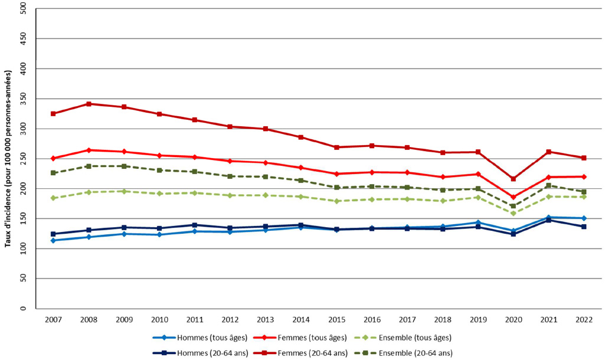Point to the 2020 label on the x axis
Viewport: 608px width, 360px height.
coord(513,319)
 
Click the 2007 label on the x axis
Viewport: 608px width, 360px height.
coord(53,319)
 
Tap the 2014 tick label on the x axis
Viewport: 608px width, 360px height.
coord(300,319)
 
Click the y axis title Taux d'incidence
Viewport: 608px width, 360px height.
coord(8,159)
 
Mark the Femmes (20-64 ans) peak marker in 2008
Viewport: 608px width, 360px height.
coord(89,104)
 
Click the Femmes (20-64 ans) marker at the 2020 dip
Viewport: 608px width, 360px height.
coord(513,179)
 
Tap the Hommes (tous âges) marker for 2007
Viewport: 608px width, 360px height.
coord(53,240)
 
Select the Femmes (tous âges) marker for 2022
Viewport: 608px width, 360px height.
coord(584,176)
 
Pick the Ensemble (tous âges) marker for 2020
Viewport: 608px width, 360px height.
coord(513,213)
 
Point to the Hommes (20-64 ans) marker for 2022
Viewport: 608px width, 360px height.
coord(584,227)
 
